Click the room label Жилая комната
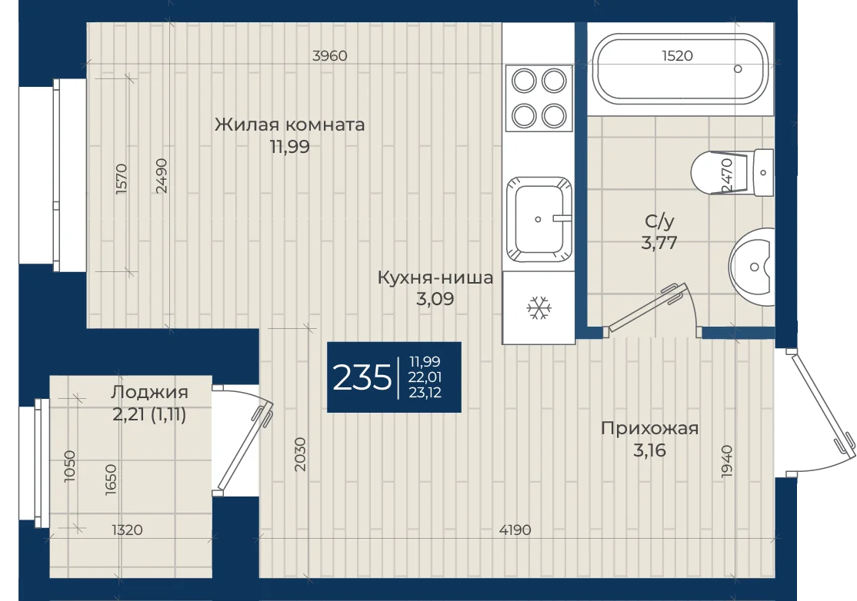290,125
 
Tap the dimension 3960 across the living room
329,55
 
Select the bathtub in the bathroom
681,68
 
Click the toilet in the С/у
732,172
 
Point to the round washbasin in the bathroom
752,267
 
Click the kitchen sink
539,219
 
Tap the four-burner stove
539,98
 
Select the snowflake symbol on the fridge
539,308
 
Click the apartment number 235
362,377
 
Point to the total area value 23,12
425,393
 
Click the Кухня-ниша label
435,277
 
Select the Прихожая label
649,429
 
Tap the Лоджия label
149,392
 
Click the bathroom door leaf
646,308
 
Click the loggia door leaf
244,446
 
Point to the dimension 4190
515,530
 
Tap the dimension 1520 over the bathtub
677,55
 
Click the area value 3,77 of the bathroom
659,243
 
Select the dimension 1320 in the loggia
128,530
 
